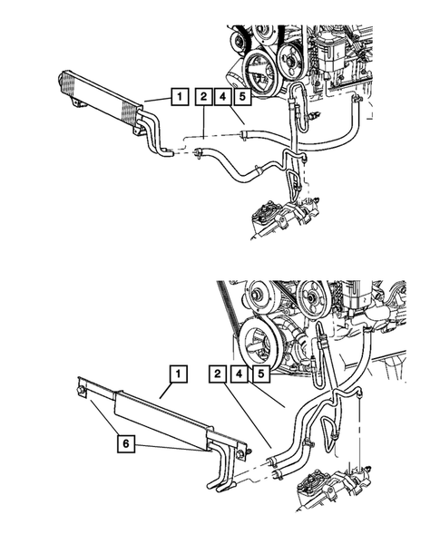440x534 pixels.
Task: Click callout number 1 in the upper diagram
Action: tap(181, 96)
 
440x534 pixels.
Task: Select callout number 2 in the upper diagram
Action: tap(204, 96)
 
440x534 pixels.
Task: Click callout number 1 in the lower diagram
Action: tap(180, 373)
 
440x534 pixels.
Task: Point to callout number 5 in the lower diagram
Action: tap(260, 373)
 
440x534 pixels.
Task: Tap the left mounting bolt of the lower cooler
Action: tap(81, 391)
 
